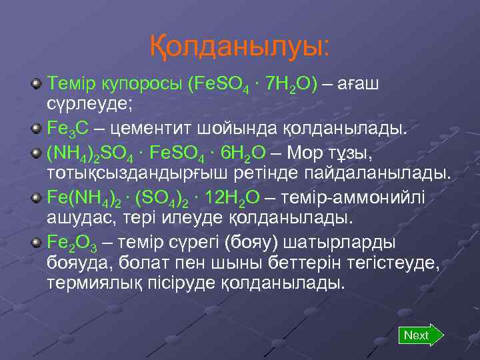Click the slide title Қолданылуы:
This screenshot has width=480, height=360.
click(x=239, y=46)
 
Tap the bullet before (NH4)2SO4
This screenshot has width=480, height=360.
click(x=37, y=153)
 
